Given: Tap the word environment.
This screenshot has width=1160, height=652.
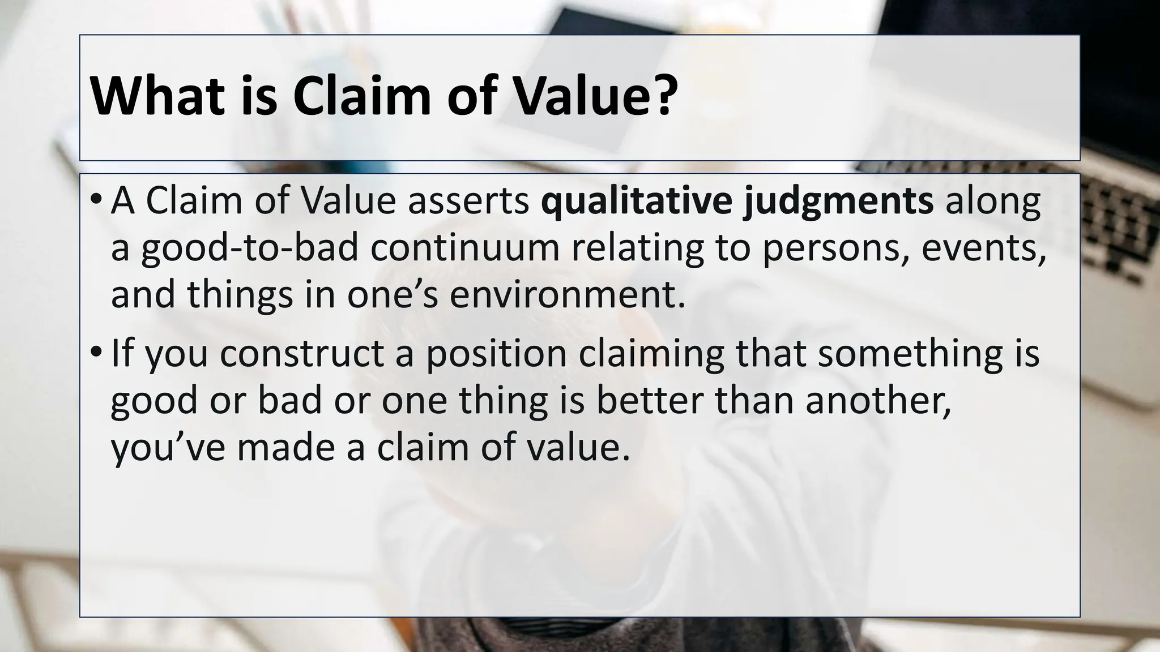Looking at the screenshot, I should click(567, 295).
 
